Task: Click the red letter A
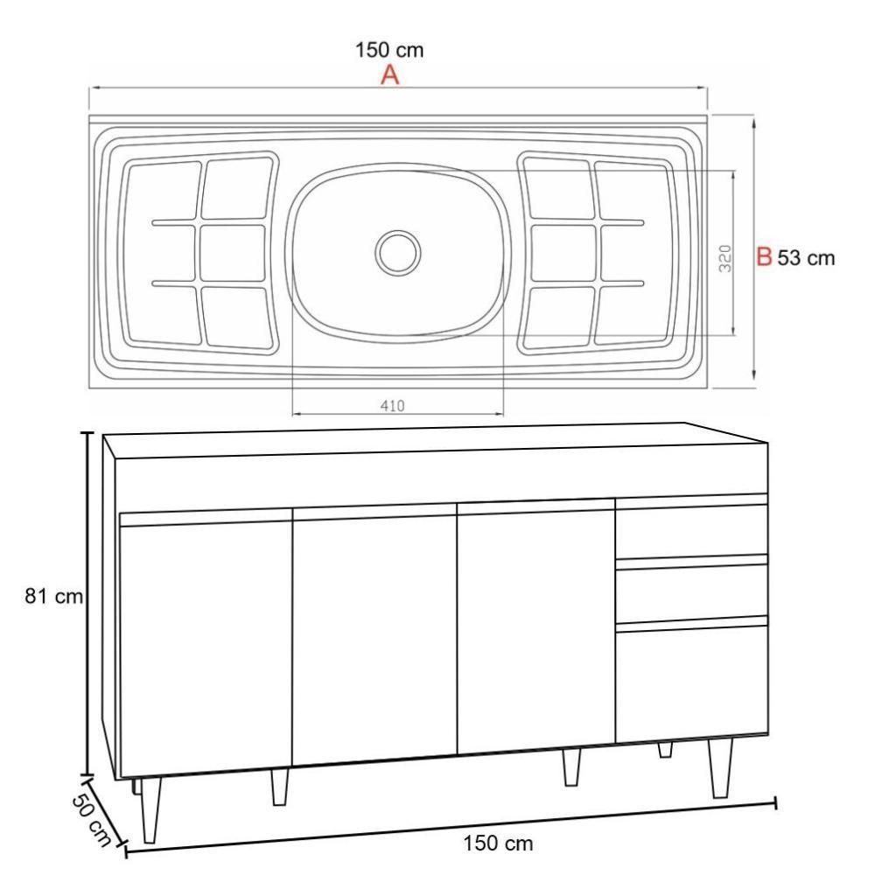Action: pyautogui.click(x=389, y=76)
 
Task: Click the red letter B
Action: pyautogui.click(x=764, y=258)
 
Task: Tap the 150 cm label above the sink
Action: pyautogui.click(x=389, y=50)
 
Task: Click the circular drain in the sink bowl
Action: pyautogui.click(x=398, y=252)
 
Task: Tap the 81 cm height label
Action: pyautogui.click(x=53, y=598)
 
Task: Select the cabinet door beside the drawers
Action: pyautogui.click(x=536, y=628)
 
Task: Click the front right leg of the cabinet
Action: pyautogui.click(x=720, y=767)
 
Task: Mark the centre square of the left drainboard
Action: pyautogui.click(x=232, y=252)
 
